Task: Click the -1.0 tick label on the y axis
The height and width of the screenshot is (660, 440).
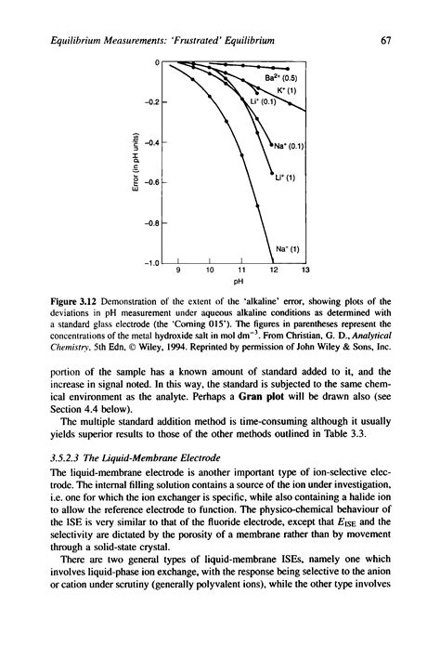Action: click(152, 263)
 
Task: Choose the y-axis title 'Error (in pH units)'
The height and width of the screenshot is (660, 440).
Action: click(136, 163)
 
